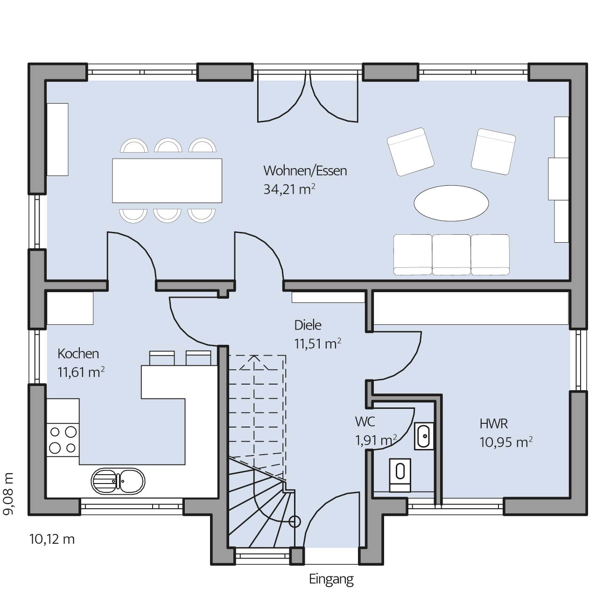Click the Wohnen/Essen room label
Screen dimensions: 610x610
[x=305, y=171]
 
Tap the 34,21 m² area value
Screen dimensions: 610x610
[x=289, y=189]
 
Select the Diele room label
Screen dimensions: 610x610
[x=308, y=325]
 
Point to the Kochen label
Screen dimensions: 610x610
[x=78, y=354]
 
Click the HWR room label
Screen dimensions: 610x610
[x=493, y=424]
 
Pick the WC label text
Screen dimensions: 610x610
[x=365, y=421]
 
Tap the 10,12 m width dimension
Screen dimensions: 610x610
[x=52, y=539]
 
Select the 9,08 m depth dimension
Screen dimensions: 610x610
[x=8, y=494]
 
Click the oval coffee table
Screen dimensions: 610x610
[x=451, y=203]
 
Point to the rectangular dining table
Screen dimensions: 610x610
[x=167, y=181]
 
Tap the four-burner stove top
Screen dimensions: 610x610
[x=63, y=440]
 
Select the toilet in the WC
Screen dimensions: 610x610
[x=400, y=475]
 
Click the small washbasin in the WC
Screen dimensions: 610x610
[x=424, y=436]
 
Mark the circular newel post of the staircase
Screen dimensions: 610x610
[x=294, y=521]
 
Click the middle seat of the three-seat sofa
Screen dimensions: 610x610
[x=451, y=254]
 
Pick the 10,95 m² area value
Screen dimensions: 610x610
[x=505, y=442]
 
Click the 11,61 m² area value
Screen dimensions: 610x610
[x=81, y=372]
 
